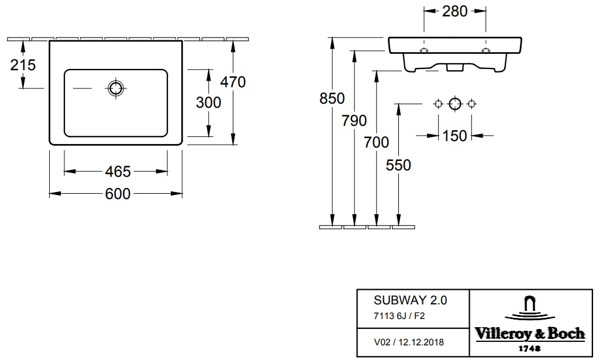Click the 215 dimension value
[x=23, y=65]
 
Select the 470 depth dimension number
[x=233, y=82]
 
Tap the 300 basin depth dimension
[x=208, y=102]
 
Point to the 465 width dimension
[x=118, y=172]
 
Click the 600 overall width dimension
[x=118, y=194]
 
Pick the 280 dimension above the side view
[x=454, y=12]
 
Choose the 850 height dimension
[x=332, y=98]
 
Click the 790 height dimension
[x=354, y=121]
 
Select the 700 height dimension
[x=376, y=142]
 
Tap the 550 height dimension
[x=398, y=165]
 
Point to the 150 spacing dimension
[x=454, y=136]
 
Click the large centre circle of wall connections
[x=455, y=104]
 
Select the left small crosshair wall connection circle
[x=438, y=104]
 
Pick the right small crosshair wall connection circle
[x=471, y=104]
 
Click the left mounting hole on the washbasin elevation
[x=424, y=50]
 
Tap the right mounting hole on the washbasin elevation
[x=485, y=50]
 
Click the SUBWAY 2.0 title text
[x=411, y=300]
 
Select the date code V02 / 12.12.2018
[x=409, y=342]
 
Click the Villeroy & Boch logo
[x=530, y=323]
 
